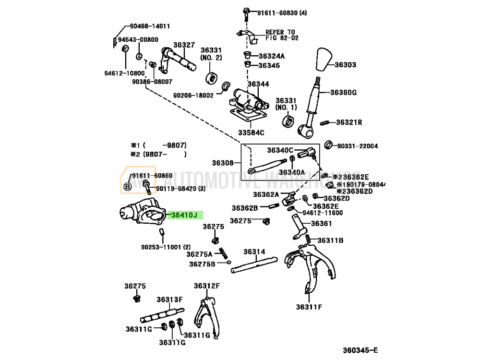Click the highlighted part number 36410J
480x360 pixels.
tap(184, 216)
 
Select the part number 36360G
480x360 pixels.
tap(345, 92)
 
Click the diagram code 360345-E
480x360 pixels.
tap(360, 350)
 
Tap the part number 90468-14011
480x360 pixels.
tap(149, 26)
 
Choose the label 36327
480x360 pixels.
tap(184, 45)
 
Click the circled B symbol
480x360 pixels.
tap(128, 187)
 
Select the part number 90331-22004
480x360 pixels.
tap(358, 146)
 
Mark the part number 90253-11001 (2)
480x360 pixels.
tap(166, 247)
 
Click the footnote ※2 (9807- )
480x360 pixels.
tap(158, 154)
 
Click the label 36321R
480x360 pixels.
tap(349, 122)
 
